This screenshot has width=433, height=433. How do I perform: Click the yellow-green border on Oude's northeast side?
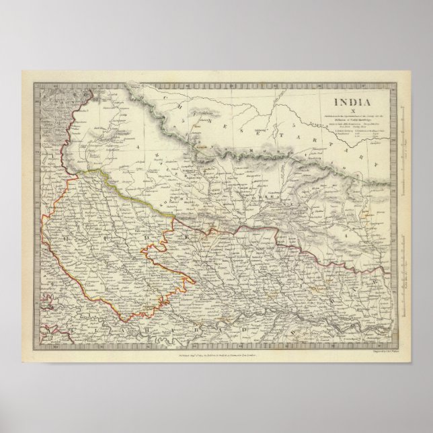pyautogui.click(x=134, y=192)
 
